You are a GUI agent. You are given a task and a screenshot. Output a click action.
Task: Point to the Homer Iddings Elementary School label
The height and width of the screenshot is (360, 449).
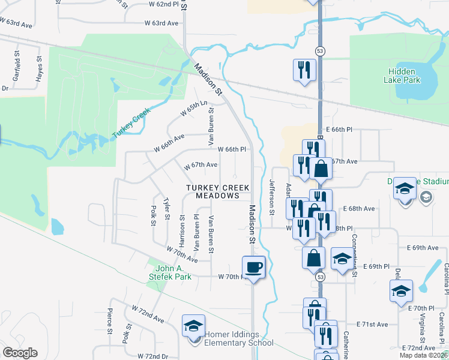point(239,339)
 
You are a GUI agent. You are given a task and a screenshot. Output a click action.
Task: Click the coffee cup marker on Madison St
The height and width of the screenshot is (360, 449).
point(253,267)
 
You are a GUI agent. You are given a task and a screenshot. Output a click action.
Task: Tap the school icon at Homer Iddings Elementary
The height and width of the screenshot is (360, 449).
point(194,326)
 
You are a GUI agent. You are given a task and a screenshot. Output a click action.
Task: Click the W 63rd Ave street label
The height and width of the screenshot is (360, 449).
point(161,23)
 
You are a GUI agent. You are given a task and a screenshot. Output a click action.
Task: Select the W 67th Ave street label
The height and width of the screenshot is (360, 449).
point(200,164)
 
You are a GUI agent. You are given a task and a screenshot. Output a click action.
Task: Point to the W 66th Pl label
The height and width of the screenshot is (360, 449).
point(232,149)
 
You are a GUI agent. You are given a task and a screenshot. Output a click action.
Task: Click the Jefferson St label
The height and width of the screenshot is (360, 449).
point(272,197)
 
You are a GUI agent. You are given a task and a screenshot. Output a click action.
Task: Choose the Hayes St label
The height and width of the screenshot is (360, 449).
point(39,70)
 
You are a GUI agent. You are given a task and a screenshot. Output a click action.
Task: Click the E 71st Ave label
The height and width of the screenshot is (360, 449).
point(372,325)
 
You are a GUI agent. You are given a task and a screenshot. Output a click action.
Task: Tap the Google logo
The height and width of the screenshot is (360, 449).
point(20,353)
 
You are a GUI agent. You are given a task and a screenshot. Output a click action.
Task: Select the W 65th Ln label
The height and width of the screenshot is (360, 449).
point(193,109)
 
